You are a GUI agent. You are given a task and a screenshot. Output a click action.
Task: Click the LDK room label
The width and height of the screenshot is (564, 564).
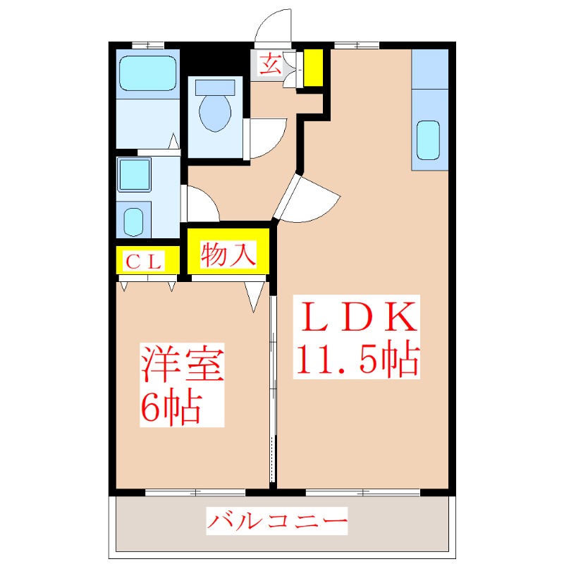pyautogui.click(x=355, y=318)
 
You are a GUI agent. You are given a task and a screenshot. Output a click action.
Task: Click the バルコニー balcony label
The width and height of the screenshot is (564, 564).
pyautogui.click(x=277, y=523)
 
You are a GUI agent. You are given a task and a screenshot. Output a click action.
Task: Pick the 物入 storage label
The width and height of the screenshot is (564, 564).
pyautogui.click(x=228, y=254)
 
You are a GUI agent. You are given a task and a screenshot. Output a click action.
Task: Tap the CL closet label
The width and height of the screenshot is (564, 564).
pyautogui.click(x=144, y=262)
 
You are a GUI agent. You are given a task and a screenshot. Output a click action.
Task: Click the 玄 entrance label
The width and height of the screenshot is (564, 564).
pyautogui.click(x=270, y=66)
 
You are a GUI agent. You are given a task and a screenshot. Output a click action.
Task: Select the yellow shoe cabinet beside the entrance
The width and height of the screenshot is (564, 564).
pyautogui.click(x=313, y=68)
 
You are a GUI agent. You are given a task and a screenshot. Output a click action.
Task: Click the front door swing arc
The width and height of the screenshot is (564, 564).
pyautogui.click(x=274, y=27)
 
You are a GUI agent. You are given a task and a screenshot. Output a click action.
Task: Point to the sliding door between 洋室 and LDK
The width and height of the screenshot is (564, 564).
pyautogui.click(x=273, y=388)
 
